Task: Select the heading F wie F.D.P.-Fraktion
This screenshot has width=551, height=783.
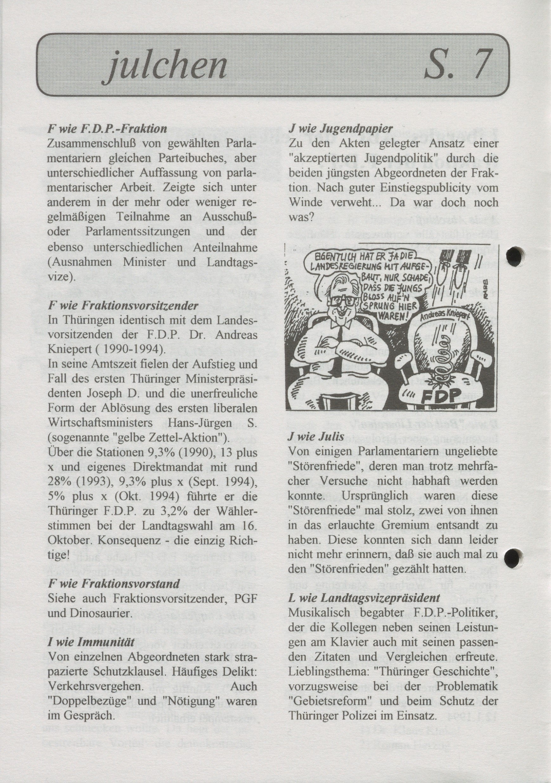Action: tap(107, 129)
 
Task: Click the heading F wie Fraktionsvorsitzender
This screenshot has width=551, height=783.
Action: tap(123, 306)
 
